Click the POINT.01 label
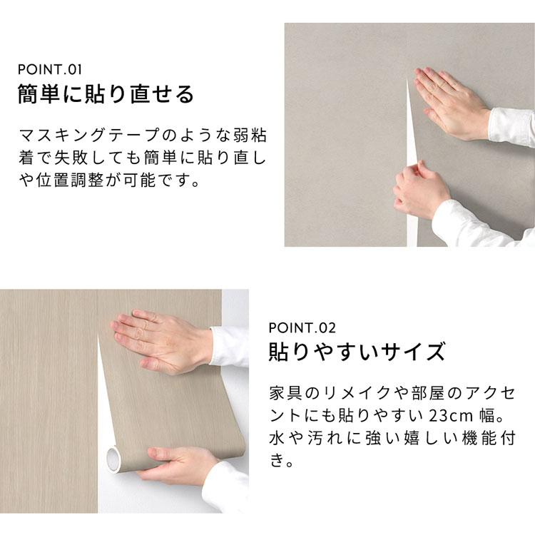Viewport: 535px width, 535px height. [50, 70]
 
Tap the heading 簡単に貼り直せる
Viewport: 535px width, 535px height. [106, 94]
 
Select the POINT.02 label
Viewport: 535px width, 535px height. [302, 328]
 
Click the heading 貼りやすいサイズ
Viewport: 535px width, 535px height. [357, 352]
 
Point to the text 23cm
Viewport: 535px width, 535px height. [451, 416]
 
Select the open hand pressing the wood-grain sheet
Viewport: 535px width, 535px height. [160, 340]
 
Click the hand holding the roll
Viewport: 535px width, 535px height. [178, 466]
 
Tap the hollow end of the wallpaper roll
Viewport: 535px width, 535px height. [113, 459]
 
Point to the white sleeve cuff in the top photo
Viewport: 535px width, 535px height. [511, 126]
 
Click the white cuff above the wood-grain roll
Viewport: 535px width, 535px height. [229, 346]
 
